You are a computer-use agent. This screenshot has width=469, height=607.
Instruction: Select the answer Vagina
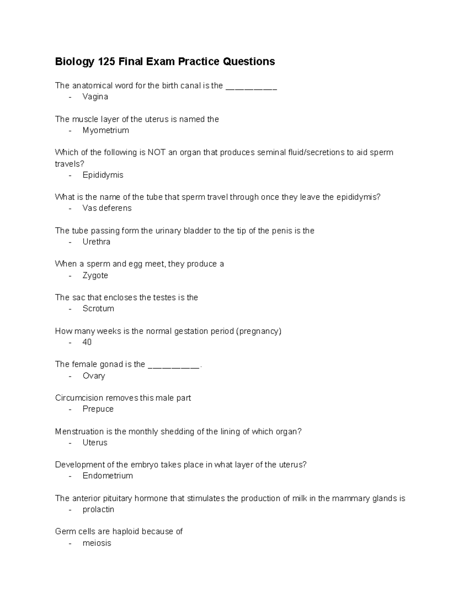pos(95,97)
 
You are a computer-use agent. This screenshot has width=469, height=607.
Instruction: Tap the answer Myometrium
pos(106,130)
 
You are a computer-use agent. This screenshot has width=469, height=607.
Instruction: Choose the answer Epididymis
pos(103,175)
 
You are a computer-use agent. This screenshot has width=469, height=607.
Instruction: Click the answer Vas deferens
pos(107,208)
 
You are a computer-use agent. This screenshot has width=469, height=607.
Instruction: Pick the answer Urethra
pos(96,242)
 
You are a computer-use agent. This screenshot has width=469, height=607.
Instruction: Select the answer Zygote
pos(95,275)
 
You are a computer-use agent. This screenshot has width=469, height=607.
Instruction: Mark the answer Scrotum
pos(98,308)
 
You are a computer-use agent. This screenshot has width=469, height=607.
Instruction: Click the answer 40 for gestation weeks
pos(87,342)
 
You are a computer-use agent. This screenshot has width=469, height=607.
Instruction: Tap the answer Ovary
pos(94,376)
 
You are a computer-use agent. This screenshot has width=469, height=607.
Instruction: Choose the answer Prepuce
pos(98,409)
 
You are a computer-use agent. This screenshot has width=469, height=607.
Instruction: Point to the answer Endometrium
pos(107,476)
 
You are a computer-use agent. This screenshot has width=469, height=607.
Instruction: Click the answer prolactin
pos(98,509)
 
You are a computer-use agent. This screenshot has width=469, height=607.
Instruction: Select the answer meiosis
pos(97,543)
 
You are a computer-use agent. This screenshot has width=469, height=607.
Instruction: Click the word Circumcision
pos(79,398)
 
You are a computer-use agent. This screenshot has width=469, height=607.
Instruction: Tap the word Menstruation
pos(79,432)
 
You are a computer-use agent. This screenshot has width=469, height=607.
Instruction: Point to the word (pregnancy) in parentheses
pos(258,331)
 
